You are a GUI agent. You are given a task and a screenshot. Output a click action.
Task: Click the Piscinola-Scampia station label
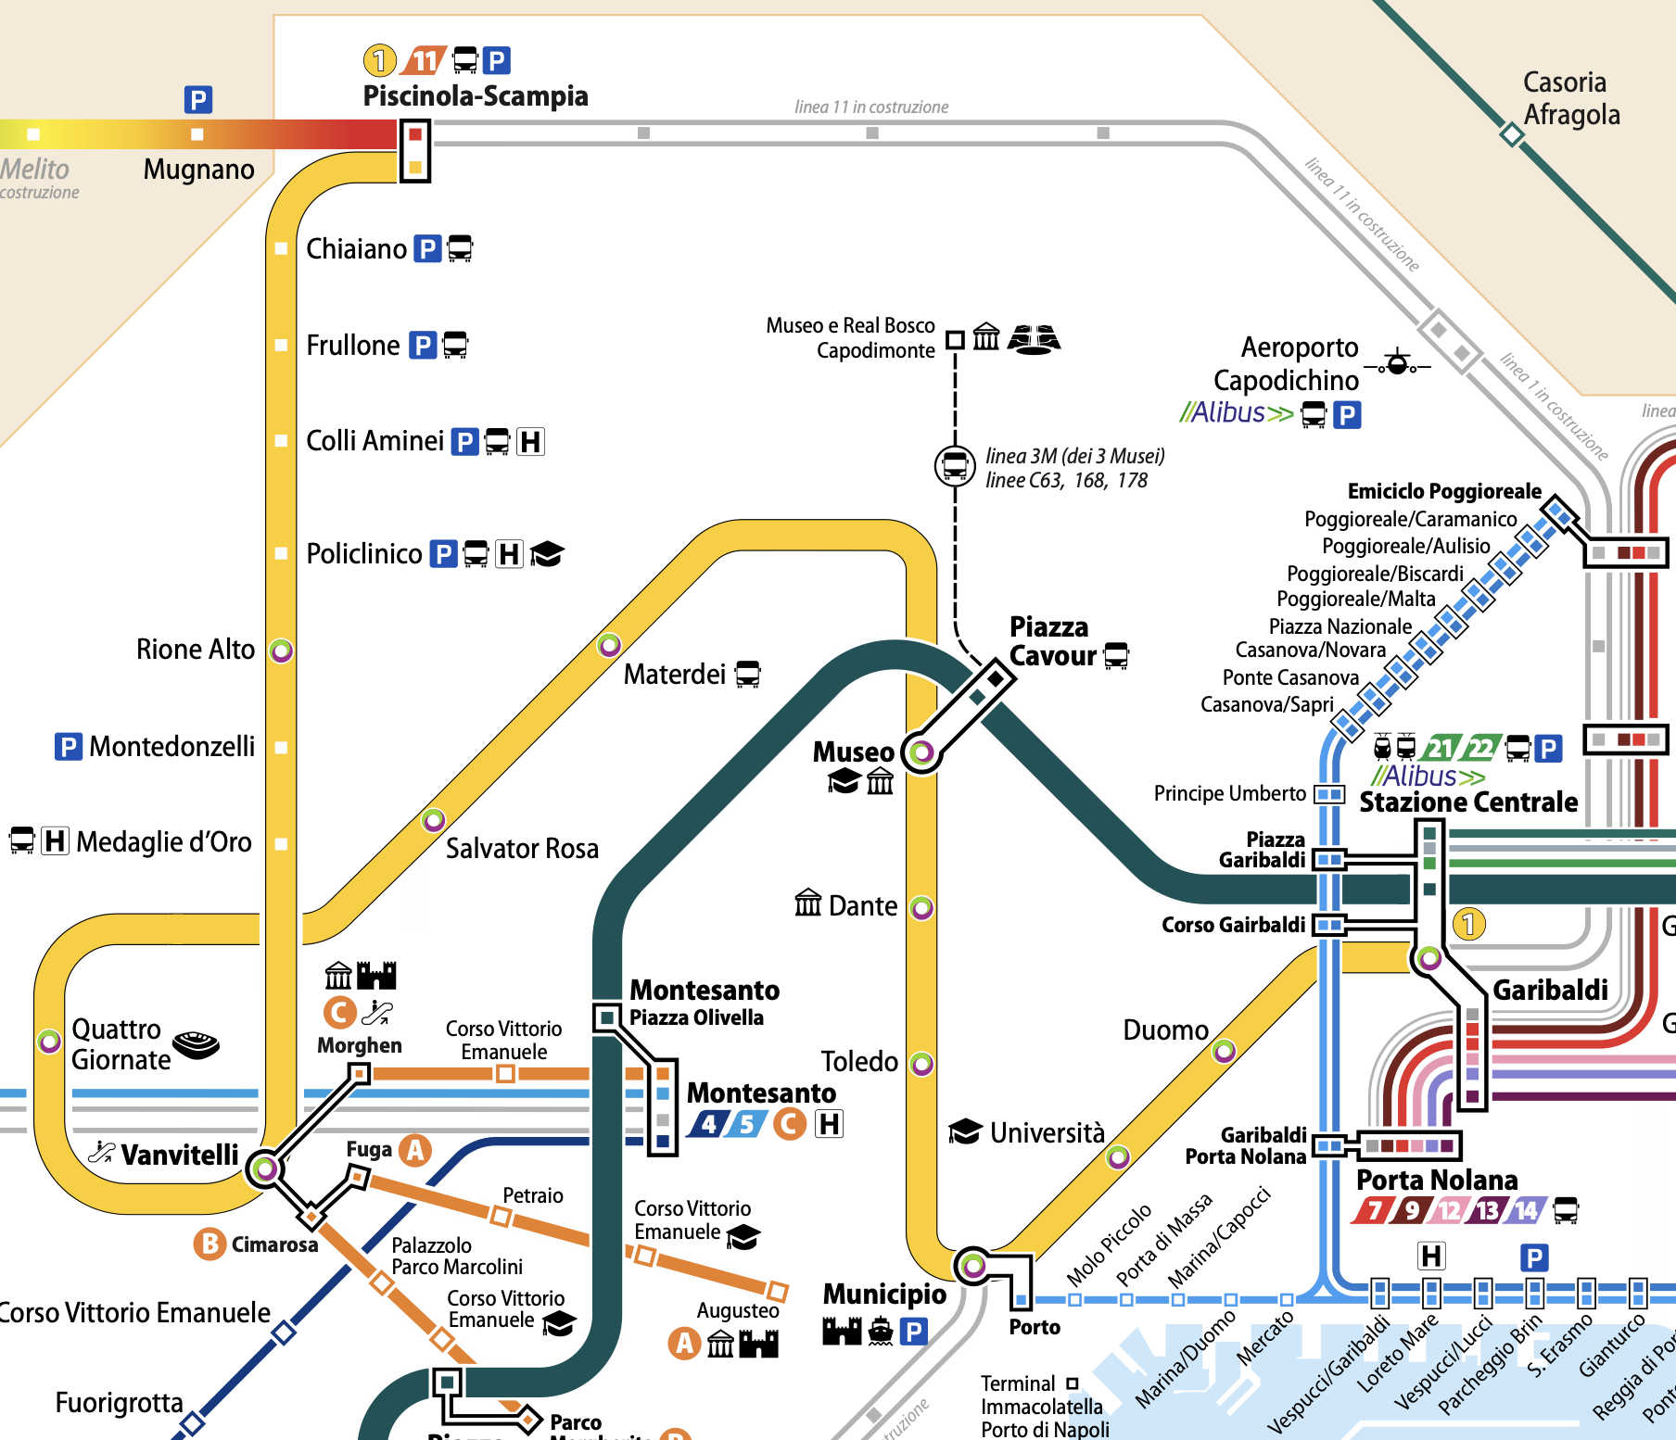[475, 96]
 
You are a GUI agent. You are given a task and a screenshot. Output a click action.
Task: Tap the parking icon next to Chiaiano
[426, 249]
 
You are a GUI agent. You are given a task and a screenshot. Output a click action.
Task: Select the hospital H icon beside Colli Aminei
[530, 441]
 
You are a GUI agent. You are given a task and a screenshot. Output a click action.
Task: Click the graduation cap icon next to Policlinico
[547, 554]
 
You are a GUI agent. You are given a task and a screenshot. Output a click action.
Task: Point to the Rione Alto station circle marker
[281, 651]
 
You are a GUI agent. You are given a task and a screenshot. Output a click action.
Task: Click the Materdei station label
[674, 675]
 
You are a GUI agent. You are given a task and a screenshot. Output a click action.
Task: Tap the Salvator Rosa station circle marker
[433, 820]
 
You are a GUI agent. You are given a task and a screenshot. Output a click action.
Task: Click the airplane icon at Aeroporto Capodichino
[1398, 362]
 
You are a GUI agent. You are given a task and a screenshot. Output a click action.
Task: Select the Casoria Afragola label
[1570, 98]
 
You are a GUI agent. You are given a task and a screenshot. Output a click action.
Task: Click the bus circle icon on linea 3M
[954, 466]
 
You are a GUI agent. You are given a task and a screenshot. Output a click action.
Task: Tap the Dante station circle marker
[921, 907]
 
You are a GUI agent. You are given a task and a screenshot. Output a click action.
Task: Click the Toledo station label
[859, 1062]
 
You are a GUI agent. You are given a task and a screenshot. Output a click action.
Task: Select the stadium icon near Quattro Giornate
[197, 1044]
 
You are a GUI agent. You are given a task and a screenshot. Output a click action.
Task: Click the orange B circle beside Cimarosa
[210, 1244]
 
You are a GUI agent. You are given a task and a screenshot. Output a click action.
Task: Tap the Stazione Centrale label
[1467, 802]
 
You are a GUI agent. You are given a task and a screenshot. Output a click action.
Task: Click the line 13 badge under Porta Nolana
[1488, 1210]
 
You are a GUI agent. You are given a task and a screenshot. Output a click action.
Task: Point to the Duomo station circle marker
[1224, 1051]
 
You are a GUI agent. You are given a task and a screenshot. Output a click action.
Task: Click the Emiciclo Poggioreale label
[1443, 491]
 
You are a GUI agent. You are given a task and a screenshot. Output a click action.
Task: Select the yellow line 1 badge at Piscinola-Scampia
[378, 61]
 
